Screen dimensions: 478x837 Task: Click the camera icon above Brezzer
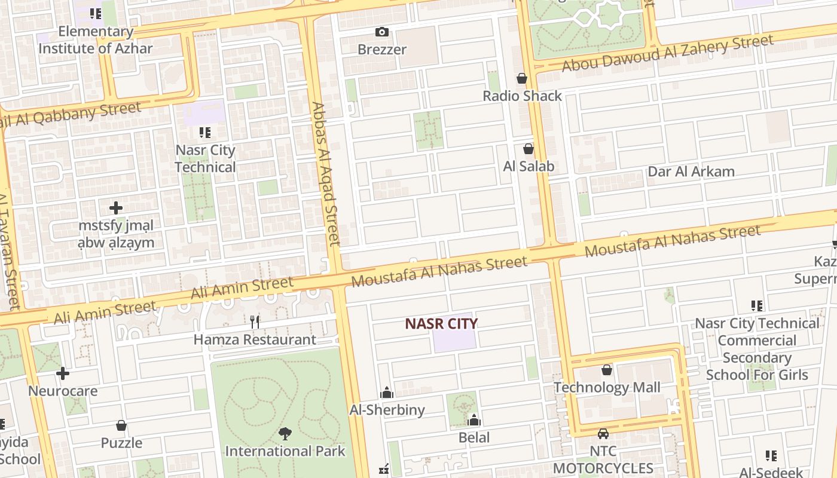click(381, 32)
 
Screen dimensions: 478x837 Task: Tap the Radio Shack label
click(522, 96)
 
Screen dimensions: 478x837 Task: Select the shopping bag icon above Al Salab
click(528, 149)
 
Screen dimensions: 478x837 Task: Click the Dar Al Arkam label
click(691, 171)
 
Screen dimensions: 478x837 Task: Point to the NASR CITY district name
click(441, 324)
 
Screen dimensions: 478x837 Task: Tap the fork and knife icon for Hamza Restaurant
click(255, 321)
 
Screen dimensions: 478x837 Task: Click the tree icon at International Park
click(285, 433)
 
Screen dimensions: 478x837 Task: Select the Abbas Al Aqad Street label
click(326, 173)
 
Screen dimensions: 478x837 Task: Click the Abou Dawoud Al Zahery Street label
click(668, 53)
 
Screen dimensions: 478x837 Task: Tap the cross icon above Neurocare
click(63, 373)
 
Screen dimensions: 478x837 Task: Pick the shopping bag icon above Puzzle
click(121, 425)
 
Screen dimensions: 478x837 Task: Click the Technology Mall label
click(607, 387)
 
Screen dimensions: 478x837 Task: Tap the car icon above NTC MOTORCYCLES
click(603, 433)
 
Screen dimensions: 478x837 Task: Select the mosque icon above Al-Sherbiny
click(387, 393)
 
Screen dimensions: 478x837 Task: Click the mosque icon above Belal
click(474, 420)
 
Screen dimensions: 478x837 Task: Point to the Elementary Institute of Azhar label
click(96, 40)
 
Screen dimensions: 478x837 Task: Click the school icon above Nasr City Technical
click(205, 132)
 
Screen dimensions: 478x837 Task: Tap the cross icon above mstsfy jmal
click(116, 208)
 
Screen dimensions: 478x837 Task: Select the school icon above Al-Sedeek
click(771, 456)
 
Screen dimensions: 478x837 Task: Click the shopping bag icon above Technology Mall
click(607, 370)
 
